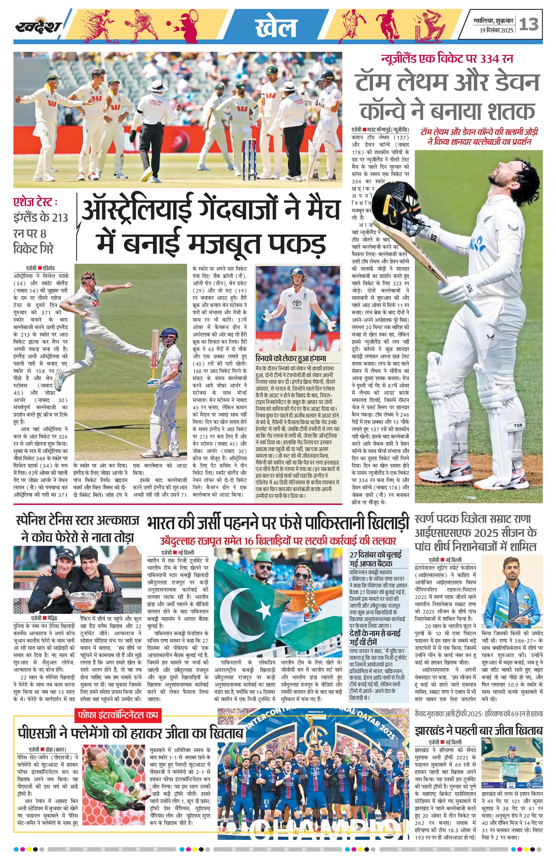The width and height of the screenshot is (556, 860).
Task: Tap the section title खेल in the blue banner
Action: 276,27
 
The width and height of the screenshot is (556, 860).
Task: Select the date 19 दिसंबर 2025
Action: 496,31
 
